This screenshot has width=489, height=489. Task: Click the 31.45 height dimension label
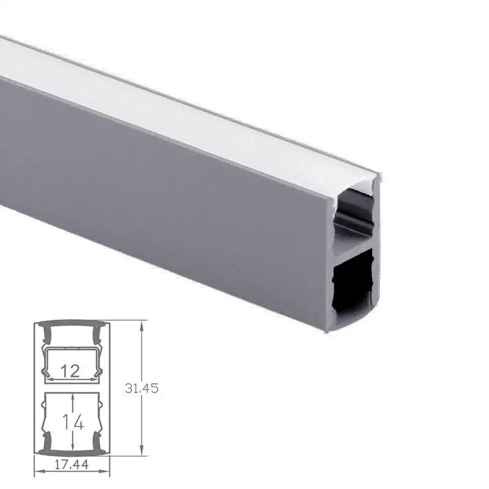click(x=141, y=388)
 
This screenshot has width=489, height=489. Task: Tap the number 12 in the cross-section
click(x=71, y=370)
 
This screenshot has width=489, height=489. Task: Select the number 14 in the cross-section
click(x=72, y=422)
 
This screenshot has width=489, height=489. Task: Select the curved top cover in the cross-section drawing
click(x=72, y=324)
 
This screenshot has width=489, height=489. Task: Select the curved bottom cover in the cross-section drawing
click(x=72, y=452)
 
